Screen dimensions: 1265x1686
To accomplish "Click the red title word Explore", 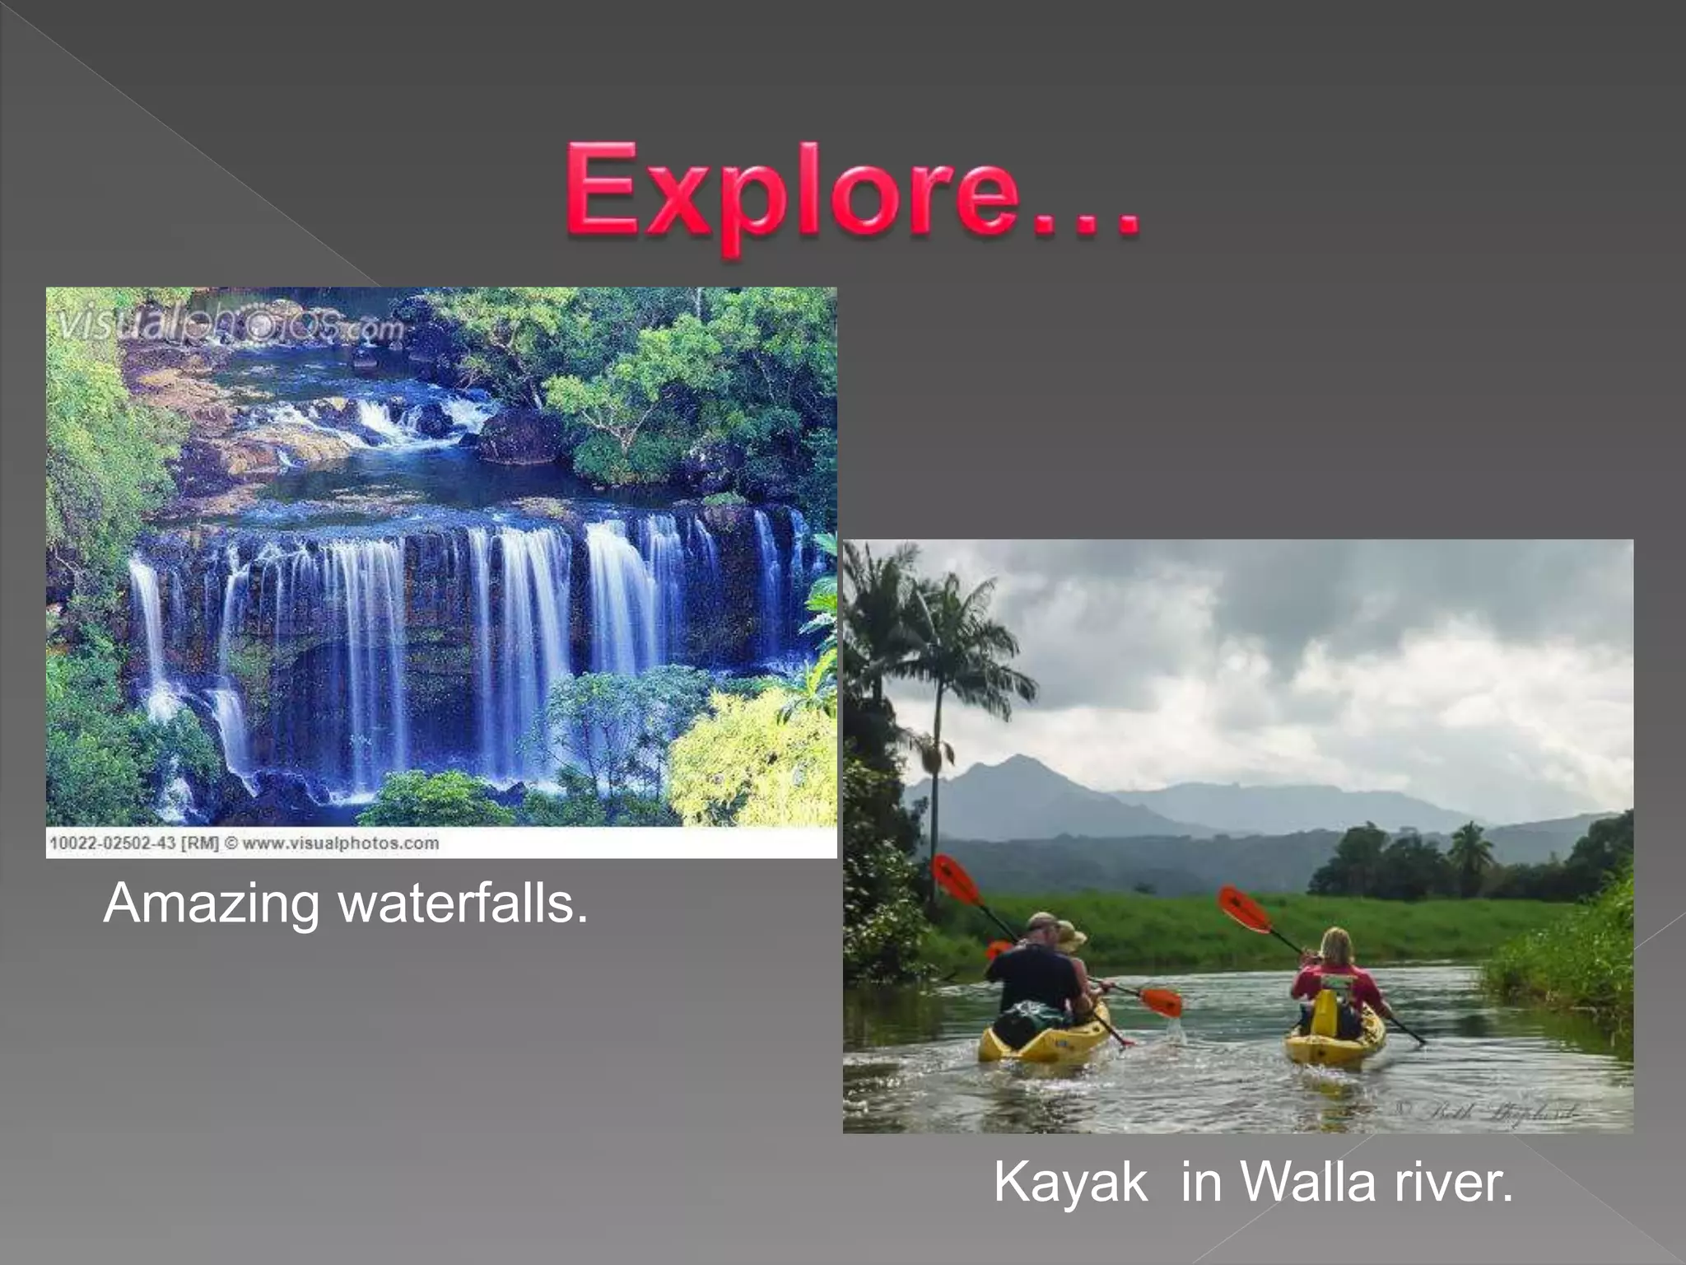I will [852, 193].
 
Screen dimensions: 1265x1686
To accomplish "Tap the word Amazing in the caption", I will [211, 904].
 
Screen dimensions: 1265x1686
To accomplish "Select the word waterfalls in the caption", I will [463, 904].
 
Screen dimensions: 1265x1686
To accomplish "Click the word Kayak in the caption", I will [1070, 1183].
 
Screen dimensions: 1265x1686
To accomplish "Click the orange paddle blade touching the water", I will [1161, 1002].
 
